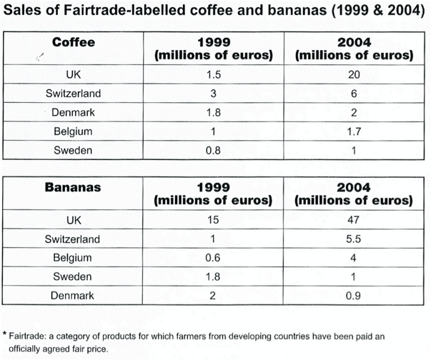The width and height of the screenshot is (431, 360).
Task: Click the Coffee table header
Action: (74, 42)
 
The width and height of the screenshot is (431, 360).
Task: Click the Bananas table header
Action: (73, 187)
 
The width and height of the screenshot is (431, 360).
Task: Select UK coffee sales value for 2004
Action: (354, 75)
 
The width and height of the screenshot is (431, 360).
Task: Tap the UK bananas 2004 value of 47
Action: (354, 220)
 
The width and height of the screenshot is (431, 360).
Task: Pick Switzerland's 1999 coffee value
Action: (213, 94)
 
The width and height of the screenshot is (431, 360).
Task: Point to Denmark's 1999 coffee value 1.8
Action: (213, 112)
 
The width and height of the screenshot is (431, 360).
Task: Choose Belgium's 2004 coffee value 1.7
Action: (354, 131)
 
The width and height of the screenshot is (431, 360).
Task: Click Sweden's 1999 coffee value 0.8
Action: (213, 150)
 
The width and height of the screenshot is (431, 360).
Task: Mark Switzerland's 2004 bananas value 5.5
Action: (354, 239)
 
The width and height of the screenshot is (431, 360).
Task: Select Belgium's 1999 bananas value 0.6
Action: (213, 258)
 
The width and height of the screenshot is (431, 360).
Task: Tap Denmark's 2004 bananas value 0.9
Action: (354, 295)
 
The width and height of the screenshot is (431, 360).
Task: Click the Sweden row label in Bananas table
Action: (73, 276)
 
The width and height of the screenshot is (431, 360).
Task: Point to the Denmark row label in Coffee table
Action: (73, 112)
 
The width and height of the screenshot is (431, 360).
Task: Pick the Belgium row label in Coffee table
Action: (73, 131)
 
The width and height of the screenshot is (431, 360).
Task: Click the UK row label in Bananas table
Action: (73, 220)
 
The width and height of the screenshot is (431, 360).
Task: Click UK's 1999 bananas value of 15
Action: (213, 220)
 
